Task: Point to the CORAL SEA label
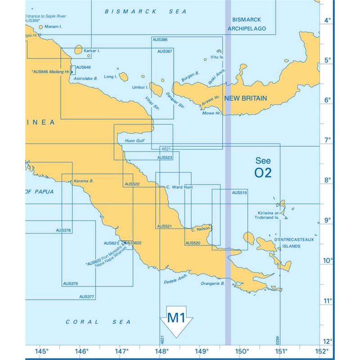(x=98, y=322)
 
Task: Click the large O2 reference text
(x=263, y=173)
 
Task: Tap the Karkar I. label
(x=92, y=51)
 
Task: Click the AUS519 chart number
(x=239, y=193)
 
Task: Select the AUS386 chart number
(x=160, y=40)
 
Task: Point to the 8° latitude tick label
(x=328, y=180)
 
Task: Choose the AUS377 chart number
(x=86, y=297)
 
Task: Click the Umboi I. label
(x=140, y=87)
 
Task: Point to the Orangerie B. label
(x=213, y=283)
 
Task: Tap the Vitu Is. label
(x=217, y=58)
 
